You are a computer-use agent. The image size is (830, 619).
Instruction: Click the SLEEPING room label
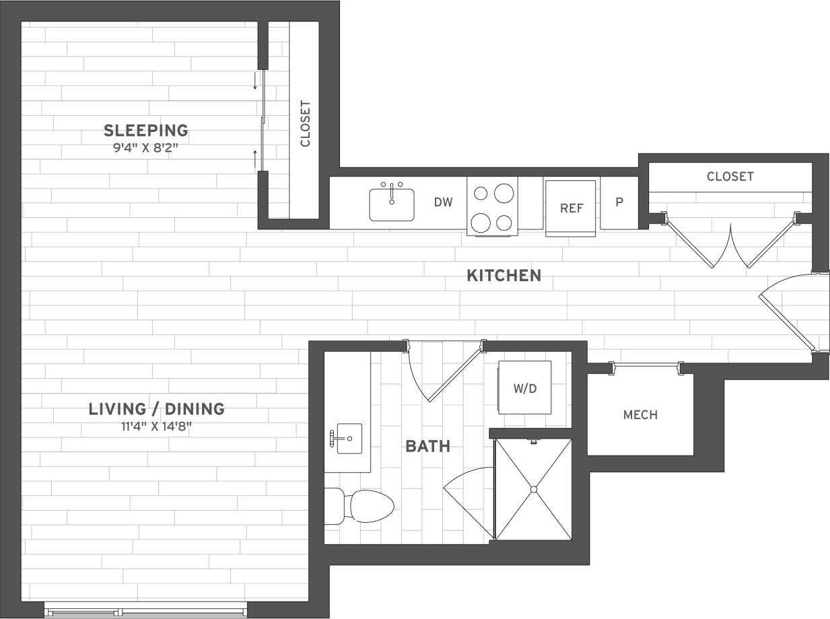pos(145,130)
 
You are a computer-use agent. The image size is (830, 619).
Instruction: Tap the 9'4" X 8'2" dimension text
pos(145,148)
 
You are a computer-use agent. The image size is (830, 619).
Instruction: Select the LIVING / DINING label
pos(157,408)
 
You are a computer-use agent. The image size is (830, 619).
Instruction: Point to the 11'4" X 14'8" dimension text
pos(157,426)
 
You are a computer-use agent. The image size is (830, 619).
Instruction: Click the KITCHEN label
pos(504,275)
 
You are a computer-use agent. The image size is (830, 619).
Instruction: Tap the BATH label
pos(427,446)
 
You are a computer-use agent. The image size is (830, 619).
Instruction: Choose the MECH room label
pos(640,415)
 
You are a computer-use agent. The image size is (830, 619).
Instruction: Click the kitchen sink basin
pos(392,205)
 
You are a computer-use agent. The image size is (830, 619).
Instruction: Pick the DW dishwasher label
pos(442,202)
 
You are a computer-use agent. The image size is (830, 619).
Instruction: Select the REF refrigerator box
pos(571,207)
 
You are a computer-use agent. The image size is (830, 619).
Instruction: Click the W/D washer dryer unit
pos(524,388)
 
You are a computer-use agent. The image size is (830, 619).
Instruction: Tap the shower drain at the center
pos(533,489)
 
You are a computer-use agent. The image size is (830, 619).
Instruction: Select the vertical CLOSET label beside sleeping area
pos(305,123)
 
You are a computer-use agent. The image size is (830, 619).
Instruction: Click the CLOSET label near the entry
pos(730,176)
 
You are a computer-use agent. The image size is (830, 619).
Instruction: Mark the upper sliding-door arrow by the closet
pos(255,81)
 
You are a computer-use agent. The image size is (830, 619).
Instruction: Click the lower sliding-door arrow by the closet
pos(255,159)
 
